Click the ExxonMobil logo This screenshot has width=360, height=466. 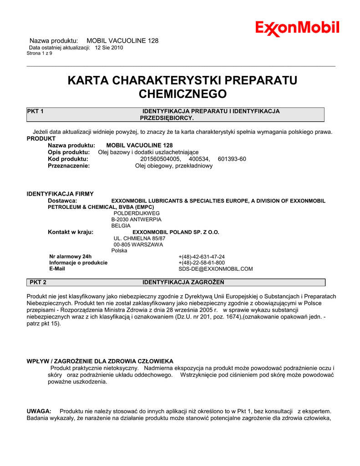click(297, 28)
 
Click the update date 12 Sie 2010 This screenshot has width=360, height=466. click(109, 47)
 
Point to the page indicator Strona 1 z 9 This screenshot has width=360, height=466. click(40, 53)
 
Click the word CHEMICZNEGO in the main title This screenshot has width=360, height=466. click(182, 94)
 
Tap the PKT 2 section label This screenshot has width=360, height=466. click(38, 282)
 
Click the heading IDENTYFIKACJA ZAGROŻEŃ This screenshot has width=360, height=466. click(183, 282)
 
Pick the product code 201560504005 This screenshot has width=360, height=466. click(160, 159)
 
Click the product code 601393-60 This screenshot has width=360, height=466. click(232, 159)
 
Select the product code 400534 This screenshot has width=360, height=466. click(199, 159)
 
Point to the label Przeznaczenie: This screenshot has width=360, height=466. click(69, 166)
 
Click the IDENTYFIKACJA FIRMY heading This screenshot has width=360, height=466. click(60, 194)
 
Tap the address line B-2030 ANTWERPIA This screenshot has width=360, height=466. click(136, 219)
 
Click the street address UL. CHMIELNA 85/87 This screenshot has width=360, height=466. click(139, 238)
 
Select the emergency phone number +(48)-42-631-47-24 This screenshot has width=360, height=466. click(202, 257)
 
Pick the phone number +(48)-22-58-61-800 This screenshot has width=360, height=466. click(202, 263)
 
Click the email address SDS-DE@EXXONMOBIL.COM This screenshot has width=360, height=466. click(215, 269)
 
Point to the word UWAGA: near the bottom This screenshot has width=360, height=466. click(39, 411)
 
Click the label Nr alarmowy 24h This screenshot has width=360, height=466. click(71, 257)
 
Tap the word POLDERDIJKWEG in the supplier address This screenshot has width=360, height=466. click(137, 213)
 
